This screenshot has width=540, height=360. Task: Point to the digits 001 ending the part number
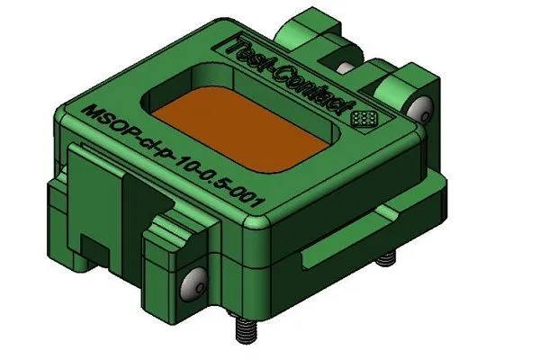click(x=248, y=200)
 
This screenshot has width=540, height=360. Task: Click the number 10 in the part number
click(x=179, y=163)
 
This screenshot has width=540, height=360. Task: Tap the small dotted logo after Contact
click(x=364, y=118)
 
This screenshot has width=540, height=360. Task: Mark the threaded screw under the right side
click(x=385, y=259)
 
